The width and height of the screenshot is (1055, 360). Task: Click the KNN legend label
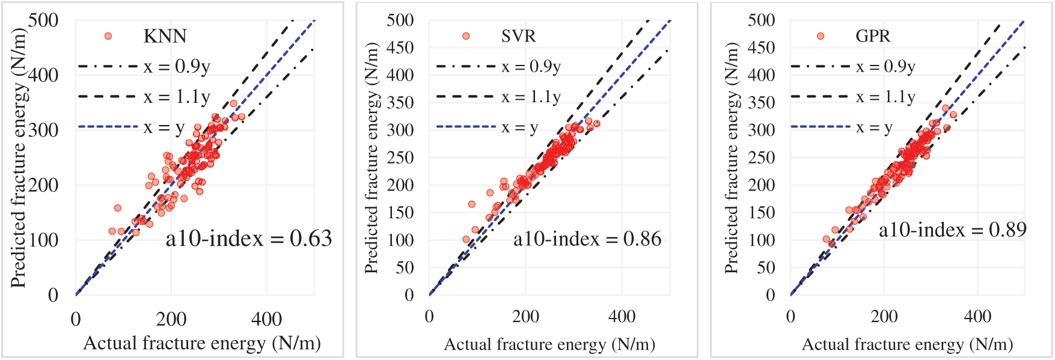(x=165, y=36)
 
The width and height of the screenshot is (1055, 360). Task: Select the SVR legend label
(x=518, y=36)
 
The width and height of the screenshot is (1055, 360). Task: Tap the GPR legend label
(x=872, y=36)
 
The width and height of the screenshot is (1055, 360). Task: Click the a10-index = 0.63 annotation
(x=248, y=239)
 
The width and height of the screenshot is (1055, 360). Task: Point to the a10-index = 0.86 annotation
(x=587, y=239)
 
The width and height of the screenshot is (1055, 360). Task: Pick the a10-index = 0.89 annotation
(x=952, y=230)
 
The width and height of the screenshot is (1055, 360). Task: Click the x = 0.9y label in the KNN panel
(x=177, y=66)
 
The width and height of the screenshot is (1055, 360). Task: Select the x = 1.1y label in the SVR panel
(x=531, y=97)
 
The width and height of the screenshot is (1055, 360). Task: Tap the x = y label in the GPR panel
(x=874, y=127)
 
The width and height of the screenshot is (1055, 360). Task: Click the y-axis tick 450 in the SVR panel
(x=400, y=47)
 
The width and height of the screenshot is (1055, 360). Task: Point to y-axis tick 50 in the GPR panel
(x=765, y=267)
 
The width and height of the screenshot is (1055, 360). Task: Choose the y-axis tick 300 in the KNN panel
(x=43, y=130)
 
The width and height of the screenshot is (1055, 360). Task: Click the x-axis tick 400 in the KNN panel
(x=266, y=319)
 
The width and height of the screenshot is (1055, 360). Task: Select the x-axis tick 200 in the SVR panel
(x=525, y=317)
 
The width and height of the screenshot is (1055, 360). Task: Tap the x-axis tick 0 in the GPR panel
(x=790, y=317)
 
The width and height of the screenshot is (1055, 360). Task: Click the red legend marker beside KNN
(x=108, y=36)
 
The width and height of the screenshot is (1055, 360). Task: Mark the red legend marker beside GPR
(x=821, y=36)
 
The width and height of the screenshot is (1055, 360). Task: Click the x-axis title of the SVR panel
(x=549, y=344)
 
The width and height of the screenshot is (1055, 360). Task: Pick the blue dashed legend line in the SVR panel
(x=466, y=127)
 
